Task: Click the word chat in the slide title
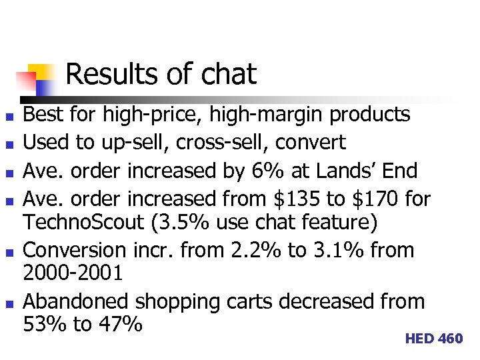click(x=227, y=74)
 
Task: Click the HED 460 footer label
click(x=433, y=339)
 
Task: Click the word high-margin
click(x=265, y=115)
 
